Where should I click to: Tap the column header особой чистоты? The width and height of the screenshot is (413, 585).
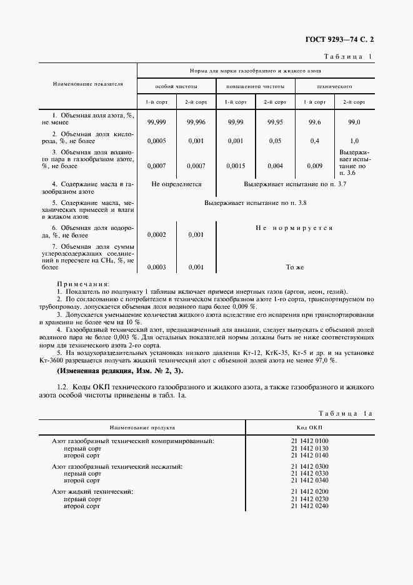[x=177, y=86]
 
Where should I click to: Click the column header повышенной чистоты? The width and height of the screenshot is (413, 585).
[x=256, y=86]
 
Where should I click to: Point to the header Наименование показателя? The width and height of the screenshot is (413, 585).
[x=88, y=82]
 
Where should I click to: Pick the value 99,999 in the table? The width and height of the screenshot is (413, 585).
[x=156, y=122]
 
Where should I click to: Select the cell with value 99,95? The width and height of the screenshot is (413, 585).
[x=276, y=122]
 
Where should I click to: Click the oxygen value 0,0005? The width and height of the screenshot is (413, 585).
[x=156, y=141]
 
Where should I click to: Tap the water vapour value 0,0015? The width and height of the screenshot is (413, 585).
[x=236, y=166]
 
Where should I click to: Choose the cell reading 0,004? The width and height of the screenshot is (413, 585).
[x=276, y=166]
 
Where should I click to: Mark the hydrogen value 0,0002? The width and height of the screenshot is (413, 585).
[x=156, y=235]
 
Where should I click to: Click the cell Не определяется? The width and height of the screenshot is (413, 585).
[x=176, y=184]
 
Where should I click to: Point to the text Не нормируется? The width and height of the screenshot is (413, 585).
[x=294, y=228]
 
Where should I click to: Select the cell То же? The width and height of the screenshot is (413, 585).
[x=294, y=267]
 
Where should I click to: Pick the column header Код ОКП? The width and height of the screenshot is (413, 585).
[x=309, y=428]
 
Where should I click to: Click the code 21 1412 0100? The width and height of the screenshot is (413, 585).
[x=309, y=441]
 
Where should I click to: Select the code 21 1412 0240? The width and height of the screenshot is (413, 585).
[x=309, y=505]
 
